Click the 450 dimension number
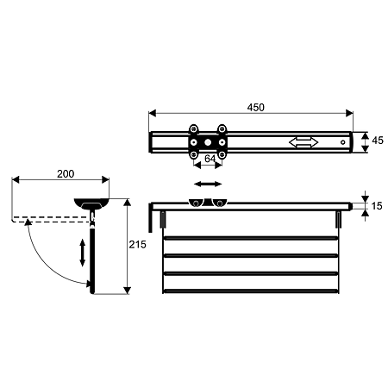point(255,108)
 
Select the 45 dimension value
point(378,141)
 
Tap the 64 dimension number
point(210,159)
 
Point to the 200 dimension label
point(66,174)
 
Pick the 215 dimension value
point(137,245)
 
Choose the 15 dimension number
point(377,206)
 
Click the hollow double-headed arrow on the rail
point(304,142)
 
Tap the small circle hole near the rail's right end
point(342,142)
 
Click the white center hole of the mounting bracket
point(208,142)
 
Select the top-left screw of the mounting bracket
point(194,128)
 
